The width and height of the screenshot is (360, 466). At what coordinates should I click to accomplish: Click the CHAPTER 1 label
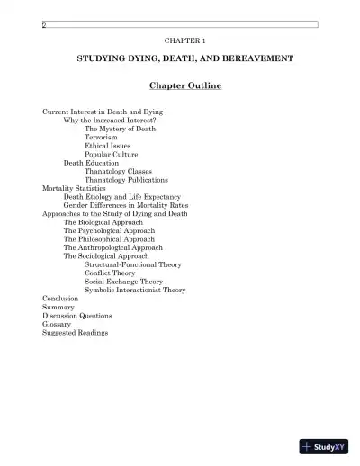point(185,42)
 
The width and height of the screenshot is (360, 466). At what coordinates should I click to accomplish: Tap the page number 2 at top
point(43,25)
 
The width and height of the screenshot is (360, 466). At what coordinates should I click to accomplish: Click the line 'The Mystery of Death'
point(120,129)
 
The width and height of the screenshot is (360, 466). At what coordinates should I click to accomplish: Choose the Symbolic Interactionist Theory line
point(135,290)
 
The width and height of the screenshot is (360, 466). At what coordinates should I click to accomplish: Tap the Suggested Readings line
point(75,333)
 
